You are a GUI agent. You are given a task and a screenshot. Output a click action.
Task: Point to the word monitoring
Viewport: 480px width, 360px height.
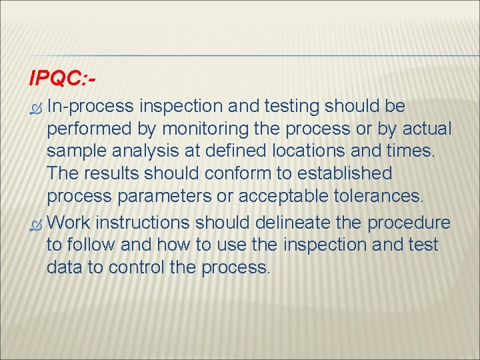(x=212, y=129)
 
